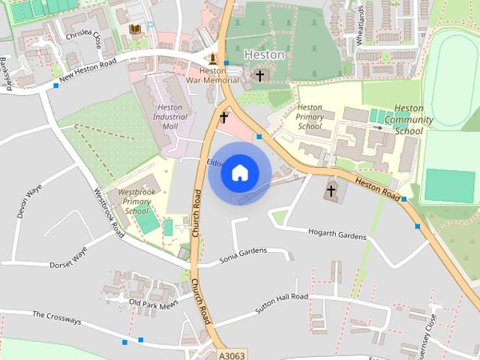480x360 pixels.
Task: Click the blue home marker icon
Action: click(239, 172)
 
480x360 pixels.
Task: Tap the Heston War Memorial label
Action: click(203, 76)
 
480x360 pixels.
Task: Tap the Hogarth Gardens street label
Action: click(337, 235)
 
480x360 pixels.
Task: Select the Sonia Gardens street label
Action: click(243, 253)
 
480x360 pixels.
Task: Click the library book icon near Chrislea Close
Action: click(136, 29)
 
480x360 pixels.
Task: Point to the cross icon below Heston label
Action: click(259, 76)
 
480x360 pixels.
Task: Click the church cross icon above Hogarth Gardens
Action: click(331, 190)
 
